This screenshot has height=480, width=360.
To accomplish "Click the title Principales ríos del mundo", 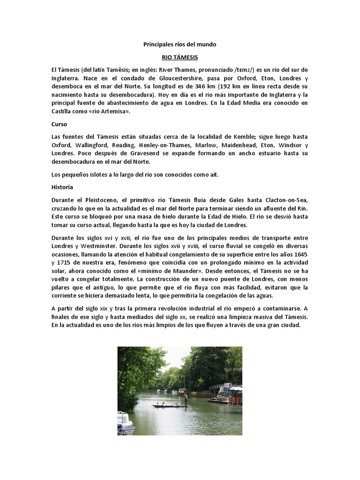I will click(x=180, y=45).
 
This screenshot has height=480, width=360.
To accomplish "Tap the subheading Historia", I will click(x=62, y=187).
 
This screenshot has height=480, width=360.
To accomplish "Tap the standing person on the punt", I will click(x=186, y=399).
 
